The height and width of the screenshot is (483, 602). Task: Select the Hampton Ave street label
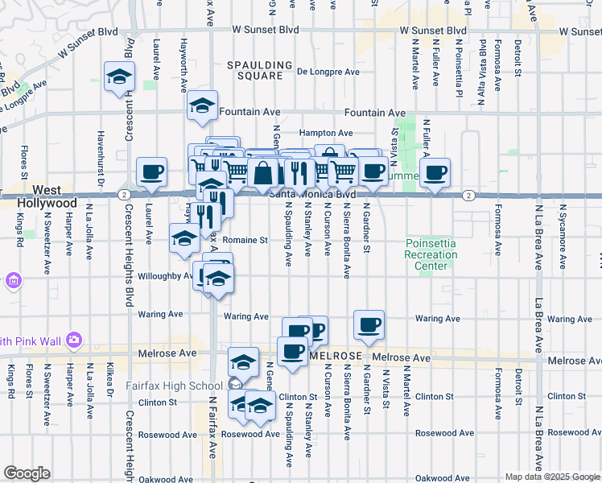326,133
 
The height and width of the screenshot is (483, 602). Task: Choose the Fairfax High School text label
174,386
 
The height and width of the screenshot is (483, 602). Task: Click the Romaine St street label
244,240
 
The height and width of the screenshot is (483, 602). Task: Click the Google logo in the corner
27,473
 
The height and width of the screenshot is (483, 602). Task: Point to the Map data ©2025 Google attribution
551,477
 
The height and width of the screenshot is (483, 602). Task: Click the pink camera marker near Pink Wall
74,340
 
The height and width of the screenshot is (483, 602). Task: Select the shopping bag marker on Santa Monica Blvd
263,171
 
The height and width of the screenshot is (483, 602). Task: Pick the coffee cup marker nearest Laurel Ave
151,171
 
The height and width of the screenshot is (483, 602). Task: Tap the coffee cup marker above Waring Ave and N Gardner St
369,325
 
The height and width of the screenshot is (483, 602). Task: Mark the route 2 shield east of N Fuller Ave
468,196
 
